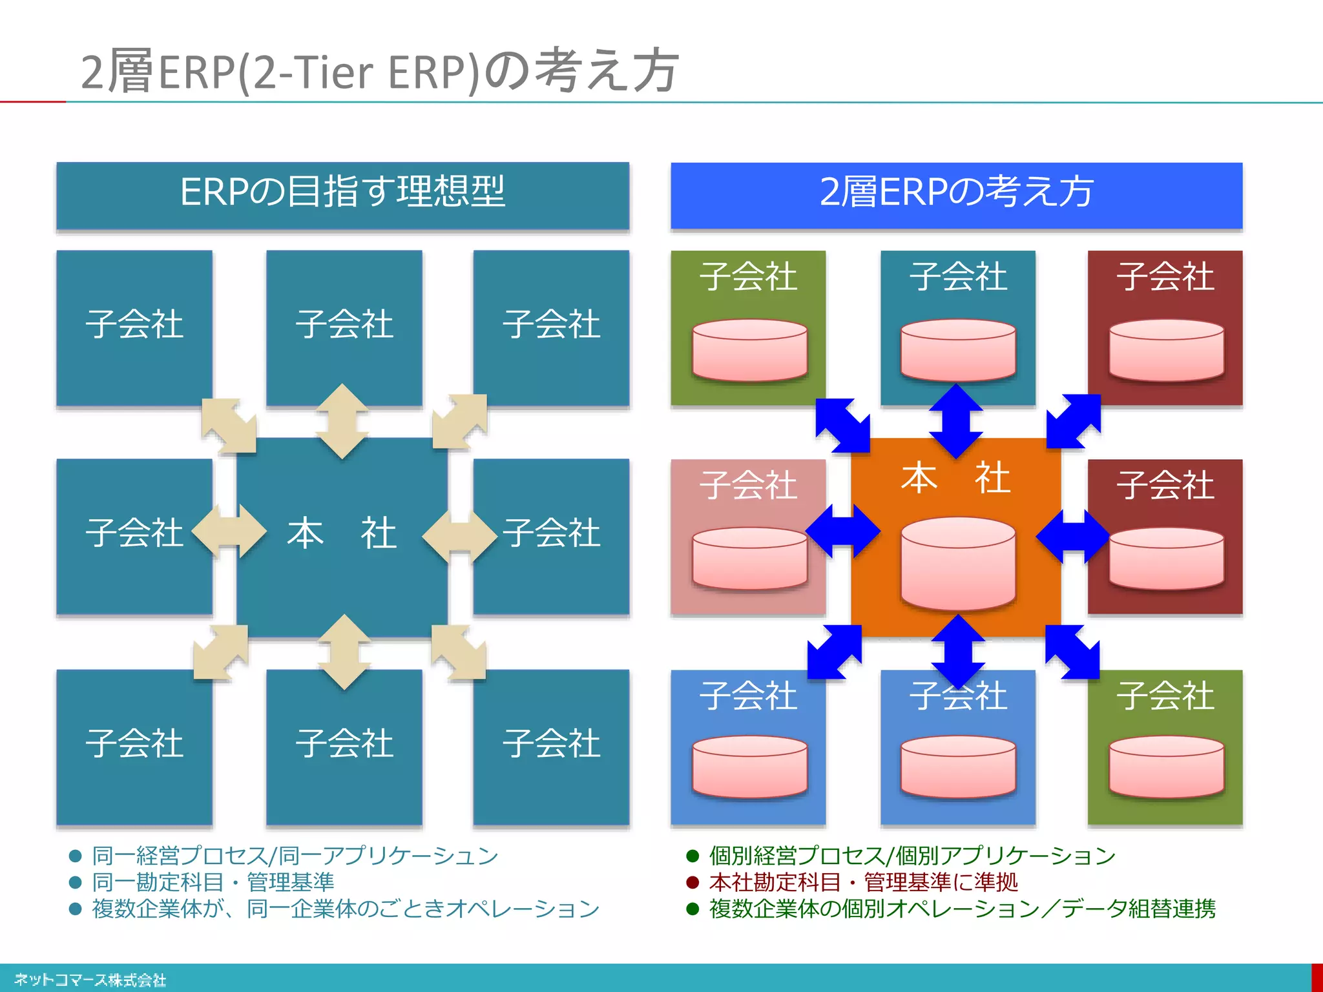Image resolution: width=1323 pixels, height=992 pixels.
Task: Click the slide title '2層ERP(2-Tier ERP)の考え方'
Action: coord(380,71)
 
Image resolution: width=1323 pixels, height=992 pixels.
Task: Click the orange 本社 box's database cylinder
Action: coord(957,563)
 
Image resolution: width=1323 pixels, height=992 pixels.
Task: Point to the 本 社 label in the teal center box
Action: coord(342,533)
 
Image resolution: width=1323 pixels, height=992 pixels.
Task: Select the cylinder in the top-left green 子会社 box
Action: coord(749,349)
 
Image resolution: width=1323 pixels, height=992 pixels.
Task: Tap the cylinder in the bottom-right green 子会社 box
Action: coord(1166,767)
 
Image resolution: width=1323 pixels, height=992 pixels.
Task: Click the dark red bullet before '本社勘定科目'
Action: coord(693,882)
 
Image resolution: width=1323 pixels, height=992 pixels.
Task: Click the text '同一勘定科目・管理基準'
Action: coord(213,882)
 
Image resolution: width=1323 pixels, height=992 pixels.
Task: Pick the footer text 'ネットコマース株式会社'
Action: coord(90,980)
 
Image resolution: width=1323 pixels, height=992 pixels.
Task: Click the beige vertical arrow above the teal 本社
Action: coord(342,421)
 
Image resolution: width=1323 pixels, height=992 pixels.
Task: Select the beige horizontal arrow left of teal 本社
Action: coord(229,531)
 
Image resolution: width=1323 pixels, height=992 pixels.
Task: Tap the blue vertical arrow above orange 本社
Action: coord(956,421)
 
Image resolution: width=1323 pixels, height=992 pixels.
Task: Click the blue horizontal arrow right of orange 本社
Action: coord(1072,536)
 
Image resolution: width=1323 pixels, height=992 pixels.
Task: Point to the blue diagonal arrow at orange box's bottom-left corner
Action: coord(835,652)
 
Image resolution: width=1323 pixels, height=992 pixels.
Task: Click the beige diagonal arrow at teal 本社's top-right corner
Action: coord(459,421)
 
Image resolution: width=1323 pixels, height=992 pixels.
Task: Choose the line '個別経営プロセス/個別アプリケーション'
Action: coord(912,856)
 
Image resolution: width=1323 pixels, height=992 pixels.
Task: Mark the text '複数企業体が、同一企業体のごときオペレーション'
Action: coord(346,909)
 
